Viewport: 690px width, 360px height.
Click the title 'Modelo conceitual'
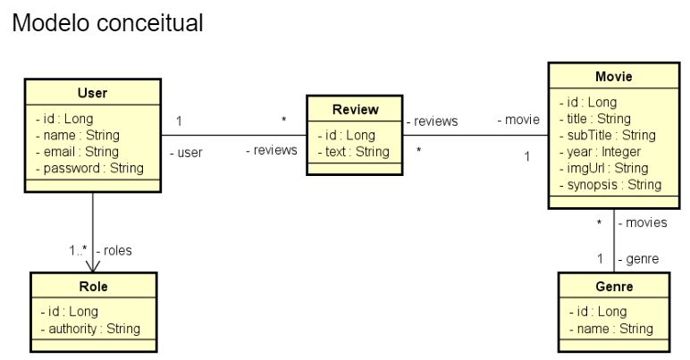coord(107,24)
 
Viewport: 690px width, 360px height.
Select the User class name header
coord(92,93)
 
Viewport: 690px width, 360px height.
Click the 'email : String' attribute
coord(81,151)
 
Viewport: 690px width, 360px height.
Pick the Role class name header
coord(92,287)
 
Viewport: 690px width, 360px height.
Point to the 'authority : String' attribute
coord(89,329)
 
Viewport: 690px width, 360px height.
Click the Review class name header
coord(355,110)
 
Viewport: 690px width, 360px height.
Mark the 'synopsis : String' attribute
coord(610,185)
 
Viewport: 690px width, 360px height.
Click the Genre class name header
coord(613,287)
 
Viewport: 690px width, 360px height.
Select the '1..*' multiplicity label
coord(78,250)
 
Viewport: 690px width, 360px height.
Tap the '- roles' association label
coord(114,250)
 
